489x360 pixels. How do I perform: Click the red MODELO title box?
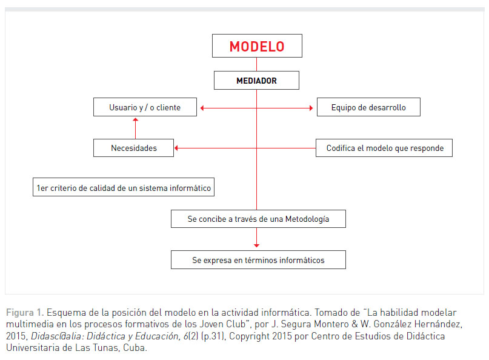click(256, 46)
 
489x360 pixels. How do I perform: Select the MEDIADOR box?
click(256, 81)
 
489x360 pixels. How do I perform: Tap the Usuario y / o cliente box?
click(145, 108)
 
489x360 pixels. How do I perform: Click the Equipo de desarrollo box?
click(368, 108)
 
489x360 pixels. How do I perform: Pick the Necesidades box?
click(133, 148)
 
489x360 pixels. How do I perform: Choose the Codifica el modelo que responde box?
click(384, 148)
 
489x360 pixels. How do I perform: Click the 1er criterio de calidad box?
click(124, 188)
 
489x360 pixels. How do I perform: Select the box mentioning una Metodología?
click(258, 219)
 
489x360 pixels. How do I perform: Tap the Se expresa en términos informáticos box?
click(258, 260)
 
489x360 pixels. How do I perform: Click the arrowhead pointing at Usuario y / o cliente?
click(202, 108)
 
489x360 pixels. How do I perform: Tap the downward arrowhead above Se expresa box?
click(256, 245)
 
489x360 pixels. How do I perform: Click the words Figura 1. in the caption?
click(25, 313)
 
